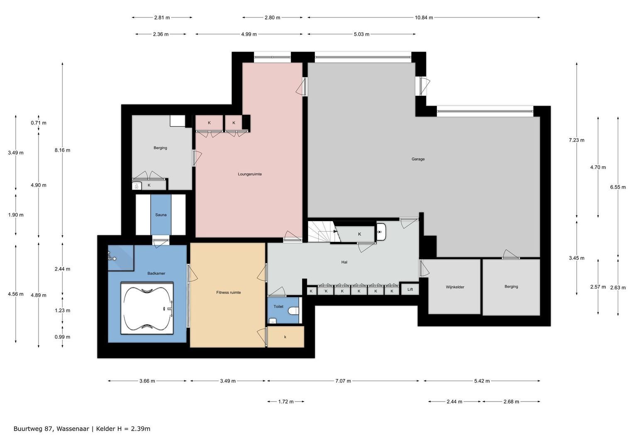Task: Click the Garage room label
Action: [418, 159]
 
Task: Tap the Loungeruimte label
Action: [249, 174]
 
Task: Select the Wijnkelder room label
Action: [455, 287]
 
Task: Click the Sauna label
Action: [161, 215]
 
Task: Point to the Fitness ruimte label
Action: [228, 292]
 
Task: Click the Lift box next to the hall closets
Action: [410, 289]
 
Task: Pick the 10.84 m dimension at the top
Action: [424, 17]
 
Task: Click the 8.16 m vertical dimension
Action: [62, 150]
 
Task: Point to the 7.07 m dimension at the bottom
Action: [343, 381]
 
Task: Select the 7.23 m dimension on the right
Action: [576, 140]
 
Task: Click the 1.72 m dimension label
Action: [285, 402]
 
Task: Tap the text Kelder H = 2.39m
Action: [123, 429]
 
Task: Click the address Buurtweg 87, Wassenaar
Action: [51, 429]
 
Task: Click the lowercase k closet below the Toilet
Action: [285, 337]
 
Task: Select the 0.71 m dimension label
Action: [39, 123]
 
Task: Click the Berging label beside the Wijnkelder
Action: [511, 287]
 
